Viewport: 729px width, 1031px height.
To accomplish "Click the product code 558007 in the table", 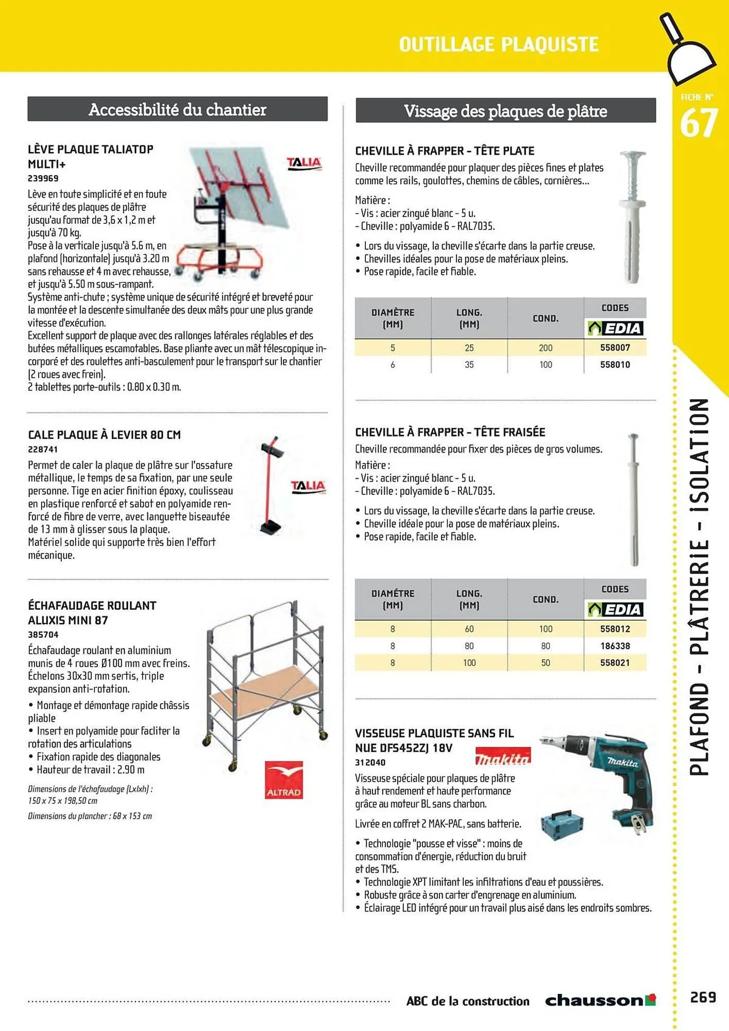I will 615,347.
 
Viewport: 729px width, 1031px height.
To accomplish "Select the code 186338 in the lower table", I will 615,646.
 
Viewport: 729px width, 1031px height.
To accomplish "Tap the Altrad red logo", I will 283,779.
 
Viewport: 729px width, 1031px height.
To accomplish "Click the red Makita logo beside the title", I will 502,757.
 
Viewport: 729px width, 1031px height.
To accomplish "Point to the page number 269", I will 703,997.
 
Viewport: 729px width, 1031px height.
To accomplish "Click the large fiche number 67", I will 698,124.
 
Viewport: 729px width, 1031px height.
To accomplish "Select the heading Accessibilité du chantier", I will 177,109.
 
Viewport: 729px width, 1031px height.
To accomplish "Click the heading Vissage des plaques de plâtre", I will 505,111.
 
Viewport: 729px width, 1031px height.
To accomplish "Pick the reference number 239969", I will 43,178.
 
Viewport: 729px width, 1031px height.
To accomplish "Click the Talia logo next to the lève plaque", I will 304,163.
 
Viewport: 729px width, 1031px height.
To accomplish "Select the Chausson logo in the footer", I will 600,1001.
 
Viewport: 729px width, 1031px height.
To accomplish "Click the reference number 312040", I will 370,762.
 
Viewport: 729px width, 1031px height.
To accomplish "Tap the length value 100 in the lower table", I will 469,663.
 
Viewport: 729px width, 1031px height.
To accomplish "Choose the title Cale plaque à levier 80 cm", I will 104,435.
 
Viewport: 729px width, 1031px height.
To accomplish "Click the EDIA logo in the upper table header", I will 615,328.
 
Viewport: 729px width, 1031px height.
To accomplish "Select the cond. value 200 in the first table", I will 546,348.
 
